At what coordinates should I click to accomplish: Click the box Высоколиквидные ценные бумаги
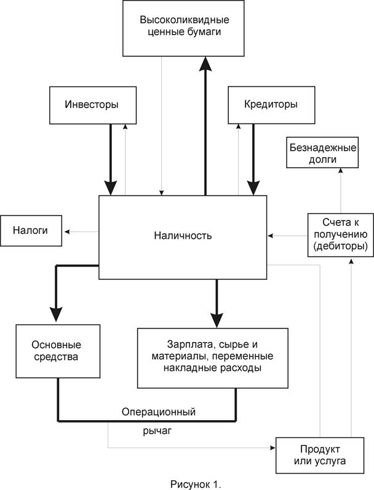pos(180,27)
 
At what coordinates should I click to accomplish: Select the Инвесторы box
pos(92,104)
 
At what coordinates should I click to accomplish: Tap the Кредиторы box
pos(263,104)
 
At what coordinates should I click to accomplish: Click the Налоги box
pos(31,231)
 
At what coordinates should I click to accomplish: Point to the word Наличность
pos(183,236)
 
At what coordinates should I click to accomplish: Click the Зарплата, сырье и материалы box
pos(212,357)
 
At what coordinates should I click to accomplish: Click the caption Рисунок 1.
pos(195,484)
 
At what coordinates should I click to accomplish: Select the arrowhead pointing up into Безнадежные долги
pos(338,173)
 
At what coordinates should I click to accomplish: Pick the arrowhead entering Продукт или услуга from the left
pos(272,448)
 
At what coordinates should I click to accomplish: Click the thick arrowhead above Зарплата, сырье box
pos(216,319)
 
